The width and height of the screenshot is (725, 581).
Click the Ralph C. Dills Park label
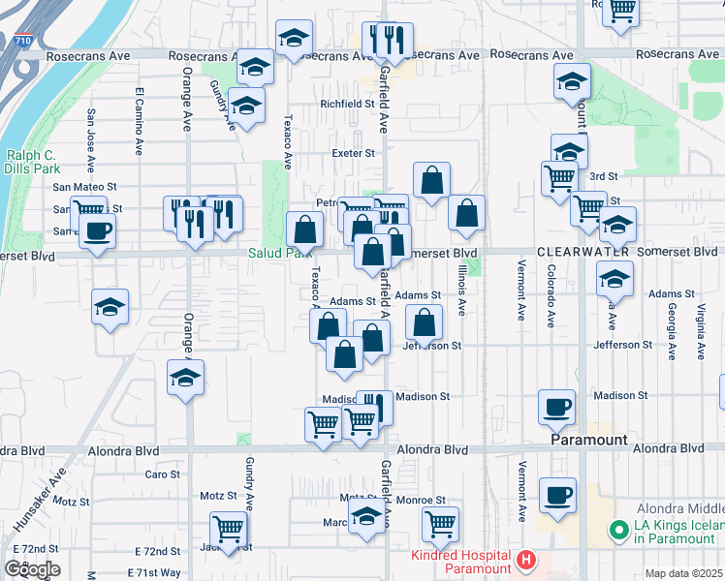[x=33, y=161]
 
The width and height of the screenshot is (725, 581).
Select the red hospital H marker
[x=525, y=560]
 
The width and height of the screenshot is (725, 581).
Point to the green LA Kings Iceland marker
[x=615, y=531]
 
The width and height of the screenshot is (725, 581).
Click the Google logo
[x=32, y=569]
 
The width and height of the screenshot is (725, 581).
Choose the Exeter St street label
[x=353, y=153]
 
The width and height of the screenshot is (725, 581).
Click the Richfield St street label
[x=348, y=104]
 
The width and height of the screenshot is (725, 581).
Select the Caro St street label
[x=162, y=474]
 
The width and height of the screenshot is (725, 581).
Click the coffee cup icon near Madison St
[x=556, y=408]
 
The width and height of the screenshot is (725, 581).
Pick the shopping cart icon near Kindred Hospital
[x=441, y=524]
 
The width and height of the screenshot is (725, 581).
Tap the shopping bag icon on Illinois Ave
[x=467, y=216]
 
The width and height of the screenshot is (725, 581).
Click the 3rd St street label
[x=604, y=176]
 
